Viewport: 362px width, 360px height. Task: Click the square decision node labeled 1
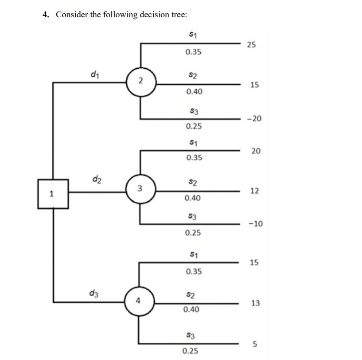point(53,193)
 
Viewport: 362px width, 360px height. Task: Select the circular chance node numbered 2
point(140,81)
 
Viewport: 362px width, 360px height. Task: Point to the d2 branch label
point(96,179)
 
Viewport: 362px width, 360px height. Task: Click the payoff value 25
point(251,44)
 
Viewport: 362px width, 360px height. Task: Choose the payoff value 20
point(256,151)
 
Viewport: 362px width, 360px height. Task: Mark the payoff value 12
point(254,191)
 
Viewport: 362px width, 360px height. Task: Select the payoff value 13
point(255,303)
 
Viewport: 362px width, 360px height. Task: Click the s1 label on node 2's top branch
point(193,35)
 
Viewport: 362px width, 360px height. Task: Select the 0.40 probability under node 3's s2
point(193,198)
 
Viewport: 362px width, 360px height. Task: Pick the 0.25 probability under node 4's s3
point(191,351)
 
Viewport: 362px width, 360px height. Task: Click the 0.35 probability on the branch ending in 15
point(193,271)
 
